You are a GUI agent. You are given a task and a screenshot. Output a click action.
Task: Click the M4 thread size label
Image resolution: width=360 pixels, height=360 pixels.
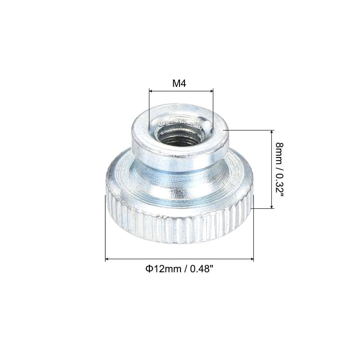pyautogui.click(x=179, y=84)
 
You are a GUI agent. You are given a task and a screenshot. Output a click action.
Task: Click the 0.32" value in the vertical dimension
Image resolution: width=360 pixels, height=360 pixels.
pyautogui.click(x=279, y=185)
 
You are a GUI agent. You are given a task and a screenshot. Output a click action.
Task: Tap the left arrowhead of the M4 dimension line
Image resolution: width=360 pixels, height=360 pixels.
pyautogui.click(x=151, y=91)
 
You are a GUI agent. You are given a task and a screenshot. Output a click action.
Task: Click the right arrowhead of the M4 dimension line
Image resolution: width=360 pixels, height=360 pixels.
pyautogui.click(x=211, y=91)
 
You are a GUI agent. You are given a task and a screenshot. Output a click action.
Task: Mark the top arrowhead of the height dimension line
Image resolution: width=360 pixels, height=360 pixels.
pyautogui.click(x=272, y=132)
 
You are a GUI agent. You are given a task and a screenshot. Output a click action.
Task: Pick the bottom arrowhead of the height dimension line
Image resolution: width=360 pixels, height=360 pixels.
pyautogui.click(x=272, y=207)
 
